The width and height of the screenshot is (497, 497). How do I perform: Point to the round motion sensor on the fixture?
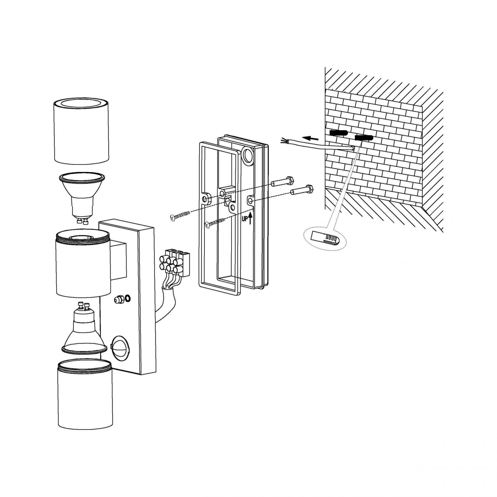coord(120,348)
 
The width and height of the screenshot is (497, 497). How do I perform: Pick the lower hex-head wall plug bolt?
coord(302,190)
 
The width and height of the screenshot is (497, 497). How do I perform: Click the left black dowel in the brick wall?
coord(338,134)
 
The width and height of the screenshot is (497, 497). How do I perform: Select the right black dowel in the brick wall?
coord(364,138)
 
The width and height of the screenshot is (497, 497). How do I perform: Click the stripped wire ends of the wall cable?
coord(284,141)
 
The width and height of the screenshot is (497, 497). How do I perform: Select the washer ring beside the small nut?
coord(128,298)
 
